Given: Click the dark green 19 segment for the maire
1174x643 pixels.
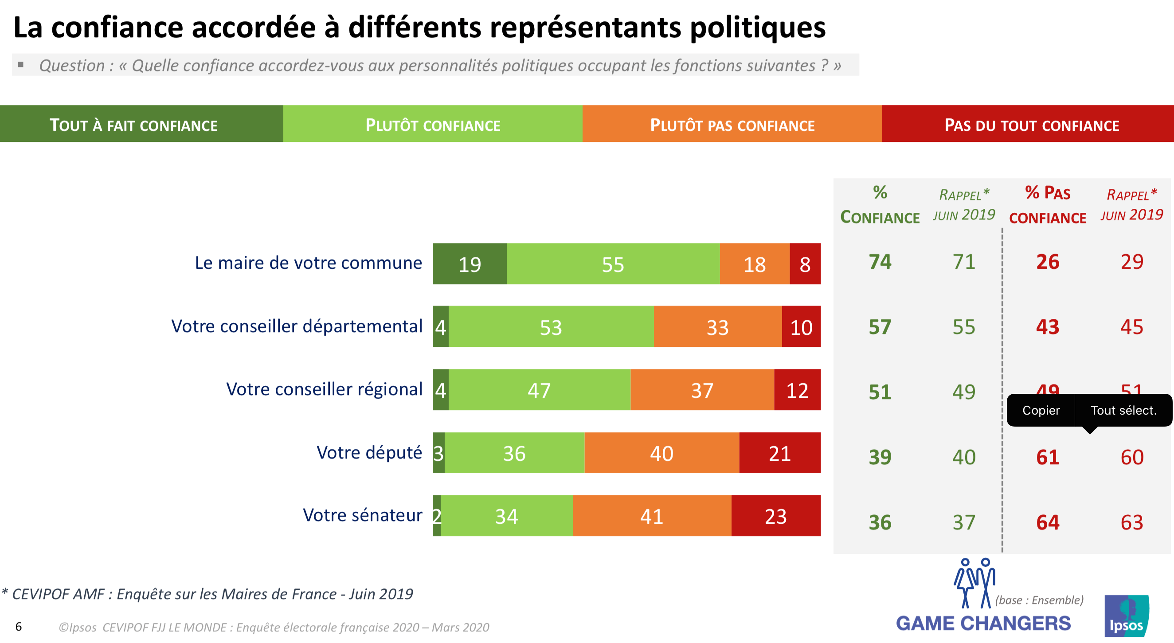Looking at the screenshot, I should coord(470,264).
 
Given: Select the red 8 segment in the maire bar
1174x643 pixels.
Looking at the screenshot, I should coord(805,264).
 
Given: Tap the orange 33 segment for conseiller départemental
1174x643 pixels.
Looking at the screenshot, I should coord(717,327).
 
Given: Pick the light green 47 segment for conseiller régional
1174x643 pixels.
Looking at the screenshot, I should coord(539,390).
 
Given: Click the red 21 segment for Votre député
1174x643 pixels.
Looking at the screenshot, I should coord(779,453).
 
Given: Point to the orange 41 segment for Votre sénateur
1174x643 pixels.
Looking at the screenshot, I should coord(652,516).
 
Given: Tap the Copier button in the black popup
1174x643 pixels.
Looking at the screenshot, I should coord(1041,410).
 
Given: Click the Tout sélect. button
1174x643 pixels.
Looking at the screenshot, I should coord(1123,410).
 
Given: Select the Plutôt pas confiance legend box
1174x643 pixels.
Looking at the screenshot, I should coord(732,125).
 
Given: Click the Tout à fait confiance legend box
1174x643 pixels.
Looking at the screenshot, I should coord(133,125).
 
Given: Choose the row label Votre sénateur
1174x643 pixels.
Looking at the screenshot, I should coord(362,515).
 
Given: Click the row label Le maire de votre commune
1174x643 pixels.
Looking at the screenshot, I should coord(308,263).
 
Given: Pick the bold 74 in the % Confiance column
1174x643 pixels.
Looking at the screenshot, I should coord(880,262).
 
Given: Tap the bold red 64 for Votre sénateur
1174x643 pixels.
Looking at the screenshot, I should coord(1047,522).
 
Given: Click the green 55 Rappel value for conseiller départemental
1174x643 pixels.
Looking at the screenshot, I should coord(963,327).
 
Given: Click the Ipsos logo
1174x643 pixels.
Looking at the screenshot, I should coord(1126,616).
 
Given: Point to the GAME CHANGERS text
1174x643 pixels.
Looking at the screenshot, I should coord(983,623).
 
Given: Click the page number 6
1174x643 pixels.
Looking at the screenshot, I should coord(19,627).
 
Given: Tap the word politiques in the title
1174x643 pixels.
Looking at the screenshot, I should coord(757,27).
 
